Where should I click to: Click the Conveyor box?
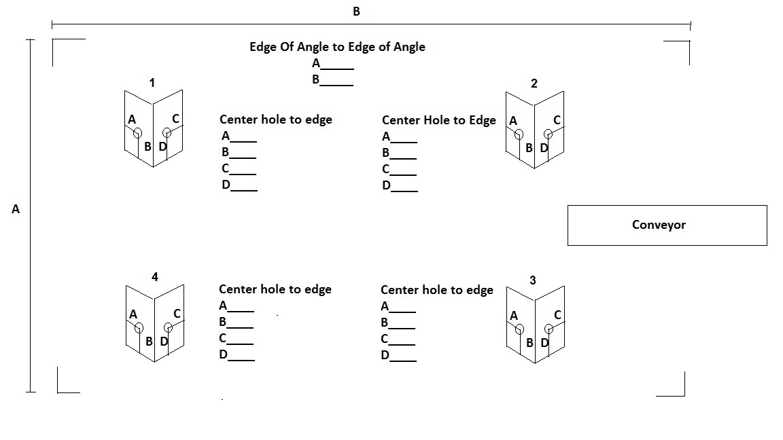[x=667, y=225]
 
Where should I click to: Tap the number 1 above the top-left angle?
[x=152, y=83]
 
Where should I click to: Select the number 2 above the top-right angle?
[x=534, y=84]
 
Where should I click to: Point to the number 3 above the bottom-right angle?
[x=532, y=280]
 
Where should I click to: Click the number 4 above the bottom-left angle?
[x=155, y=277]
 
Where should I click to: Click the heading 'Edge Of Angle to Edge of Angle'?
[x=337, y=47]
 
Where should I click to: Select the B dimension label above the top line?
[x=355, y=12]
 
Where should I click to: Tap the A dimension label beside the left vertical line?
[x=16, y=210]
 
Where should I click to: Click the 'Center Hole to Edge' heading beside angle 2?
[x=439, y=120]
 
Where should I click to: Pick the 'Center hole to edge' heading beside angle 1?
[x=275, y=120]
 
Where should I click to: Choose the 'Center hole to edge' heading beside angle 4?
[x=275, y=289]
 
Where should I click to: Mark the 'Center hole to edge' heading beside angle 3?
[x=436, y=290]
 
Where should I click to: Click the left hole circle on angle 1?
[x=137, y=132]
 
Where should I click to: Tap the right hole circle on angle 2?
[x=549, y=134]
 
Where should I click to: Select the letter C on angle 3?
[x=557, y=315]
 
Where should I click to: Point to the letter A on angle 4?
[x=133, y=314]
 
